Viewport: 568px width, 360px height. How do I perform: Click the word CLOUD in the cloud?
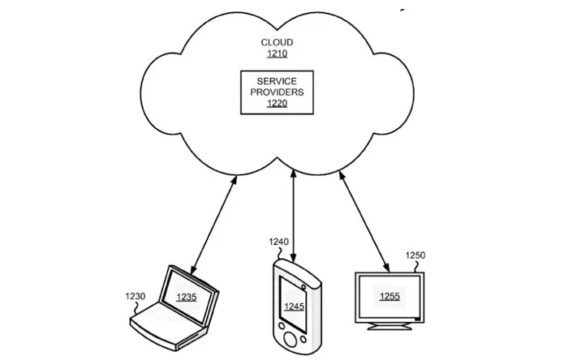pos(277,42)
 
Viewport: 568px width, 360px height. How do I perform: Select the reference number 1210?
pos(277,54)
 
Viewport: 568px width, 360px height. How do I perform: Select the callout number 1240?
pos(278,241)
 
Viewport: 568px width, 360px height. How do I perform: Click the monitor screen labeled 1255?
pos(390,296)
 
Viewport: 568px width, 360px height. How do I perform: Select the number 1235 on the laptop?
pos(187,297)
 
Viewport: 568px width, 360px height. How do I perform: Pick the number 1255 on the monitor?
pos(390,297)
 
